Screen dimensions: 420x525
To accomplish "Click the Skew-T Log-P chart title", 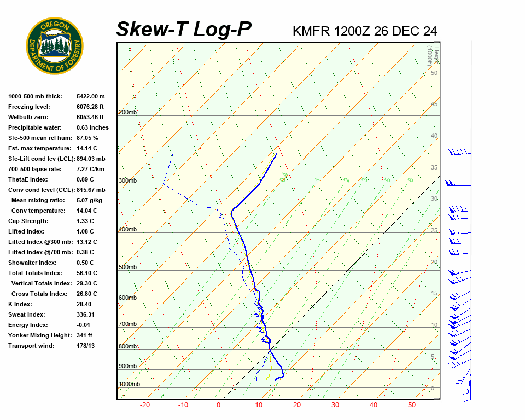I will click(184, 30).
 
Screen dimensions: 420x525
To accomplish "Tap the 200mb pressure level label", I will click(127, 113).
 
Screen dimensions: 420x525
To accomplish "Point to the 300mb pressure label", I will click(127, 181).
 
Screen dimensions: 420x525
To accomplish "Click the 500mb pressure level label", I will click(127, 267).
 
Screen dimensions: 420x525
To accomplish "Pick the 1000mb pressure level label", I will click(129, 384).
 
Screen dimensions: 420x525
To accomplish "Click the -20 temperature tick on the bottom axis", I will click(145, 405).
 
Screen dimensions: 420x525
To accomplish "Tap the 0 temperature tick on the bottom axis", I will click(218, 405).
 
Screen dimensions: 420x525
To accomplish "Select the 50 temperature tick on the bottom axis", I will click(412, 405).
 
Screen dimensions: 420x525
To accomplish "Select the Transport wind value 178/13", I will click(86, 346).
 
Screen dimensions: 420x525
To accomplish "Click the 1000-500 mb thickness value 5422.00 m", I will click(91, 96).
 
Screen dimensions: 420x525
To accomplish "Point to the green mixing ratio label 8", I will click(410, 179).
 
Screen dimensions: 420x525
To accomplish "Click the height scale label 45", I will click(434, 104).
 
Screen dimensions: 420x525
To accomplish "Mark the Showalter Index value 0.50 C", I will click(85, 262).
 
